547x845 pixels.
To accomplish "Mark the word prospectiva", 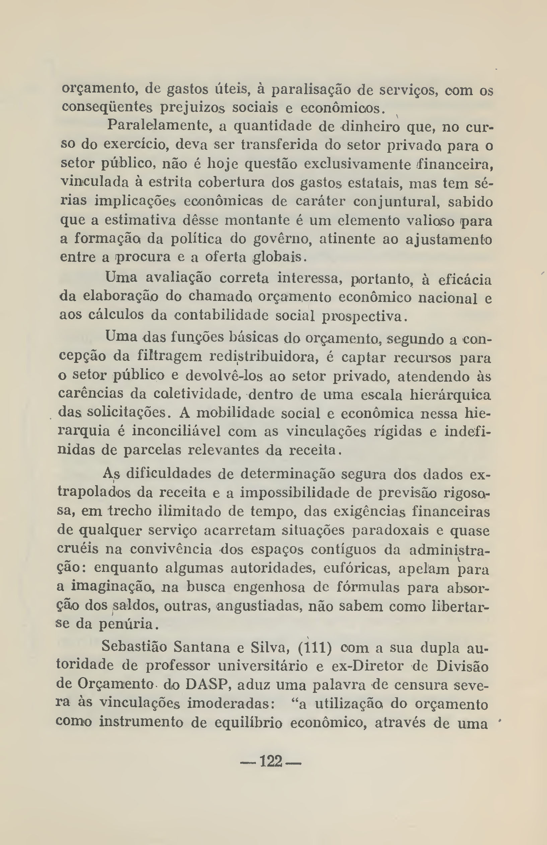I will [362, 316].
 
